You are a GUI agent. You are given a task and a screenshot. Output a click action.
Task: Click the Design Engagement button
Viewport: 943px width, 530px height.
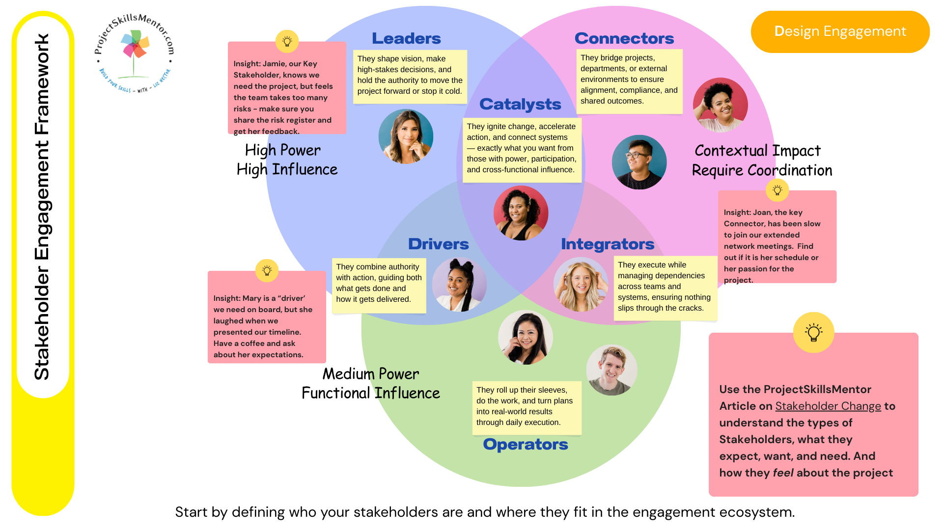[x=840, y=31]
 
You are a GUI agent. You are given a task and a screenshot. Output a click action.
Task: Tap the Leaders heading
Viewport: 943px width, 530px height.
[x=406, y=38]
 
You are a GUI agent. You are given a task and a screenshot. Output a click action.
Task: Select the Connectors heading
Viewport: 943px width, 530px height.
[x=624, y=38]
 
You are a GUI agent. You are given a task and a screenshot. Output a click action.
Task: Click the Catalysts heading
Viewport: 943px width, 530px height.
[x=520, y=104]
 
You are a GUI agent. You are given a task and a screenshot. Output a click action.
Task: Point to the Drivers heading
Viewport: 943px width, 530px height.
[x=438, y=244]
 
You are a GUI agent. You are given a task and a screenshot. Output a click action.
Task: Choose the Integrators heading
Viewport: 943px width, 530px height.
[x=608, y=244]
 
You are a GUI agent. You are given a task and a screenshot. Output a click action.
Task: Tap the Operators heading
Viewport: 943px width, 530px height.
[x=525, y=444]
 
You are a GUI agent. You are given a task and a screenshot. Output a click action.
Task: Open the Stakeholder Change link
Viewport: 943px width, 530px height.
[x=828, y=406]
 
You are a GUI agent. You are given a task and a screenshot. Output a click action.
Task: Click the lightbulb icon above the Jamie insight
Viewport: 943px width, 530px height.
[x=287, y=42]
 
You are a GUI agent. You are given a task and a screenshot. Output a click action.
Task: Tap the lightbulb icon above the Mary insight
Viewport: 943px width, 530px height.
[x=267, y=270]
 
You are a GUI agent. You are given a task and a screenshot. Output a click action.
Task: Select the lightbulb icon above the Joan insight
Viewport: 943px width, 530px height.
[x=777, y=190]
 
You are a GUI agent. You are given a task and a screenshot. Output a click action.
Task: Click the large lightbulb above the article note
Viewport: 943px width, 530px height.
[x=813, y=332]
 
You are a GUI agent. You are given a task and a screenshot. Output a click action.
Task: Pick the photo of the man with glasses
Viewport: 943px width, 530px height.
[x=639, y=162]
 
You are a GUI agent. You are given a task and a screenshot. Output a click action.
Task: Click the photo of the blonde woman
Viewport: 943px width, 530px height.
[x=581, y=285]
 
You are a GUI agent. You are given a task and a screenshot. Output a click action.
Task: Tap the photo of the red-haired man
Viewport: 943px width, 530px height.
[x=611, y=370]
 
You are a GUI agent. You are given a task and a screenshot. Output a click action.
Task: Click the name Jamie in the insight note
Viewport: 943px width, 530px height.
[x=274, y=64]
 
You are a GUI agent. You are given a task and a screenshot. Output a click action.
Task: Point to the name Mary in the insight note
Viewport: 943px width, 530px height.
[x=251, y=298]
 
